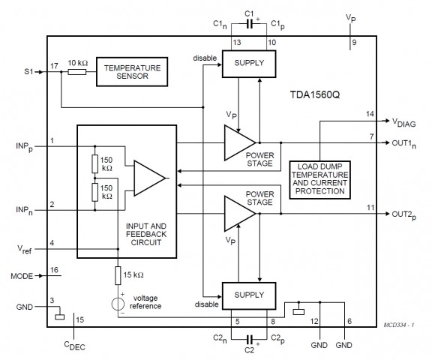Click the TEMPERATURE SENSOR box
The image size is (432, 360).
132,72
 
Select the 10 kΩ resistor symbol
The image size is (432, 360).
77,72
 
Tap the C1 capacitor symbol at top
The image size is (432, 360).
249,24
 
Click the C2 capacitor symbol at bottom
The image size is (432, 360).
250,339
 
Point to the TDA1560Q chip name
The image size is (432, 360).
315,94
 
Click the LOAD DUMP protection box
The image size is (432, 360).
319,180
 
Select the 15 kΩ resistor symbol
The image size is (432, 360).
118,275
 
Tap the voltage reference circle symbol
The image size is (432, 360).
118,304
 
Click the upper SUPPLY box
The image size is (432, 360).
249,64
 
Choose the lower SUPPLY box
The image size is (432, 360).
249,295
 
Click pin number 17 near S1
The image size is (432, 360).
54,66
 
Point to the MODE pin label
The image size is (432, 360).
22,276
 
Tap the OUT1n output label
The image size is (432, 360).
404,144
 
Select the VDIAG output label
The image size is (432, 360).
404,123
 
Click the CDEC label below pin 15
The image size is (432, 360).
75,346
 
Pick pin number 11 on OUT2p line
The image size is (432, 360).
370,208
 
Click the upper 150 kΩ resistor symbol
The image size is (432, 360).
95,164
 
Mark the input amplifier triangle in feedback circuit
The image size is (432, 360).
149,178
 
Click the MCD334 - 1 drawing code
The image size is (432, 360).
399,325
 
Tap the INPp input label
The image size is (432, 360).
24,147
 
